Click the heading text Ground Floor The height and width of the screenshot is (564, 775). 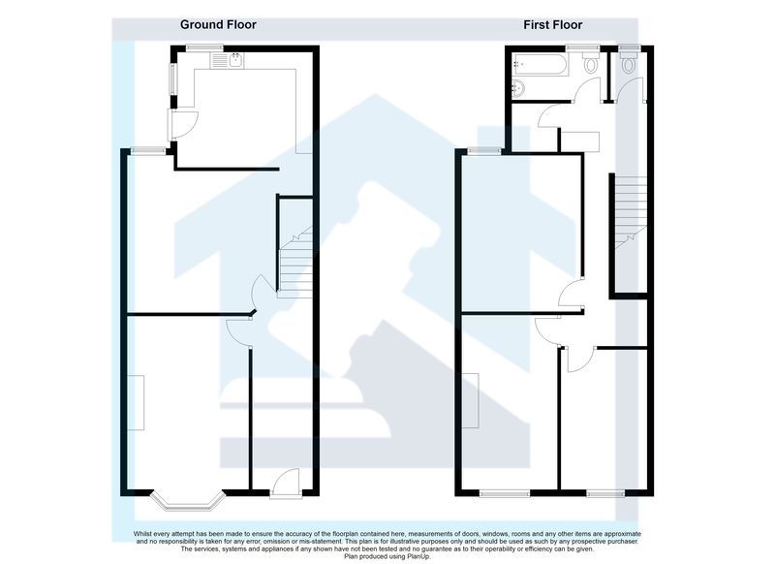click(x=218, y=25)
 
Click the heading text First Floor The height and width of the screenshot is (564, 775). click(x=552, y=25)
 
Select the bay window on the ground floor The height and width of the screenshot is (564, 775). click(x=188, y=500)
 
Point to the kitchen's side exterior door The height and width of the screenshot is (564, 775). click(x=182, y=125)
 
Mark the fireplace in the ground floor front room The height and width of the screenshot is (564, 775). click(x=137, y=402)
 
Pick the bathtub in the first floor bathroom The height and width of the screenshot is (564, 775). click(x=541, y=64)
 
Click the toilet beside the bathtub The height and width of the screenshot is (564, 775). click(x=591, y=62)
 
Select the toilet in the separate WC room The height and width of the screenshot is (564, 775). click(x=629, y=62)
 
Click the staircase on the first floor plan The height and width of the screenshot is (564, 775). click(x=631, y=213)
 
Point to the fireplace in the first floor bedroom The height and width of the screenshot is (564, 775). click(x=471, y=400)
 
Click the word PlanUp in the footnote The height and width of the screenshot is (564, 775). click(x=418, y=556)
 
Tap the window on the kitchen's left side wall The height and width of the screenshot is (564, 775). click(x=173, y=78)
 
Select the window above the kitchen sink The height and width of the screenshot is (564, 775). click(x=204, y=47)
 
